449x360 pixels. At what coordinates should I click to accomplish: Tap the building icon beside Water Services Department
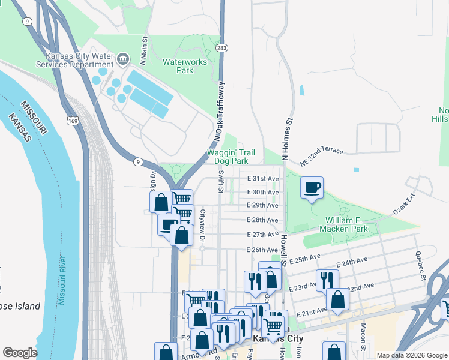pyautogui.click(x=124, y=59)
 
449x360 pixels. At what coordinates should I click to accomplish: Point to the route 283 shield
pyautogui.click(x=221, y=47)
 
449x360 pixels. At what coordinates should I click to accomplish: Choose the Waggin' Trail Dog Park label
pyautogui.click(x=228, y=157)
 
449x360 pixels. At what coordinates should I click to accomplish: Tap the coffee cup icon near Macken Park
pyautogui.click(x=312, y=188)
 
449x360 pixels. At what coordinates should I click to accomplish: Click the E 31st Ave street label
pyautogui.click(x=264, y=179)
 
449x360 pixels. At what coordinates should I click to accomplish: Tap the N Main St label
pyautogui.click(x=144, y=50)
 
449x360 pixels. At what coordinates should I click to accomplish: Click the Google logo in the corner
pyautogui.click(x=20, y=353)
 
